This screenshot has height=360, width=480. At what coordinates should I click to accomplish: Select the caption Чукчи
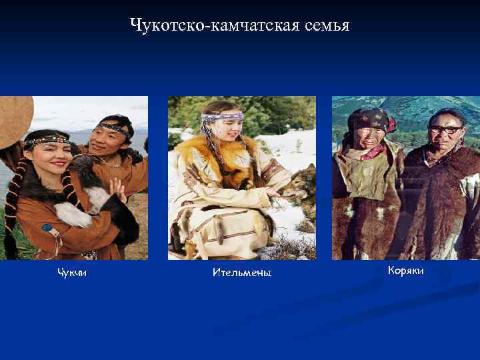pyautogui.click(x=71, y=272)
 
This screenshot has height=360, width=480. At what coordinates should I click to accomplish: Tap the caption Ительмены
pyautogui.click(x=242, y=273)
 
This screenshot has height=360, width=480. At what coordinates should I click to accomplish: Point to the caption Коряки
pyautogui.click(x=405, y=271)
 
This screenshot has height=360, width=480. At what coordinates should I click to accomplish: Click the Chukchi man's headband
pyautogui.click(x=115, y=126)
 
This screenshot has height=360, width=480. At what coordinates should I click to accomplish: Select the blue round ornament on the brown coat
pyautogui.click(x=47, y=227)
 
